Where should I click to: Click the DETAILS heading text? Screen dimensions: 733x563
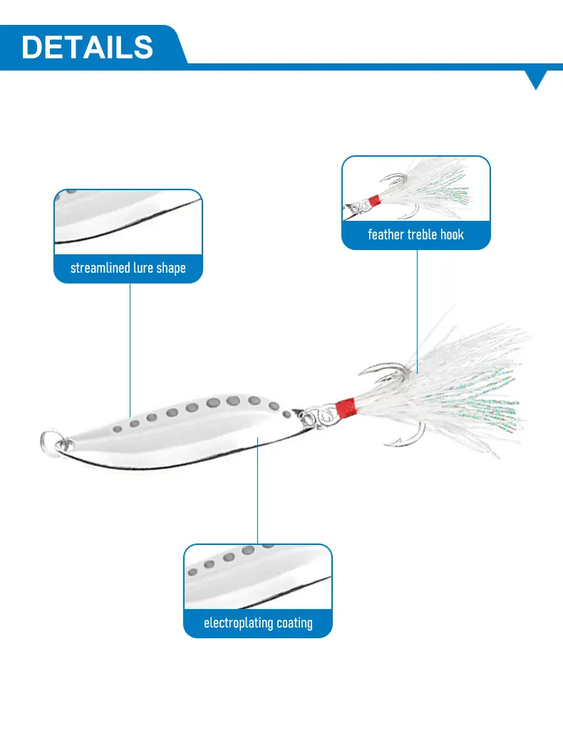click(87, 47)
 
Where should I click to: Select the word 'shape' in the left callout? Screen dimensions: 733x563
click(171, 269)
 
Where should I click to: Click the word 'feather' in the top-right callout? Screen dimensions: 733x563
click(386, 234)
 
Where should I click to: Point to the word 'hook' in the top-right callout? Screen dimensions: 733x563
click(452, 234)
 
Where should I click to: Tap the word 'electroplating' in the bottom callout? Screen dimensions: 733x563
click(238, 623)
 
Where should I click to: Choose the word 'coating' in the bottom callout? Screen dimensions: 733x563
click(295, 623)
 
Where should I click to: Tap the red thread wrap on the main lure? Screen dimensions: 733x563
click(345, 408)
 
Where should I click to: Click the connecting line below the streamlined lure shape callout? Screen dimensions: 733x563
click(130, 349)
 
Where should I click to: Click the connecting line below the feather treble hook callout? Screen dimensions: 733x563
click(417, 306)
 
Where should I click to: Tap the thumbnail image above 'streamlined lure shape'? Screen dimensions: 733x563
click(128, 222)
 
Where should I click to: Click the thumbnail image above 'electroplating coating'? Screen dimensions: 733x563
click(258, 577)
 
